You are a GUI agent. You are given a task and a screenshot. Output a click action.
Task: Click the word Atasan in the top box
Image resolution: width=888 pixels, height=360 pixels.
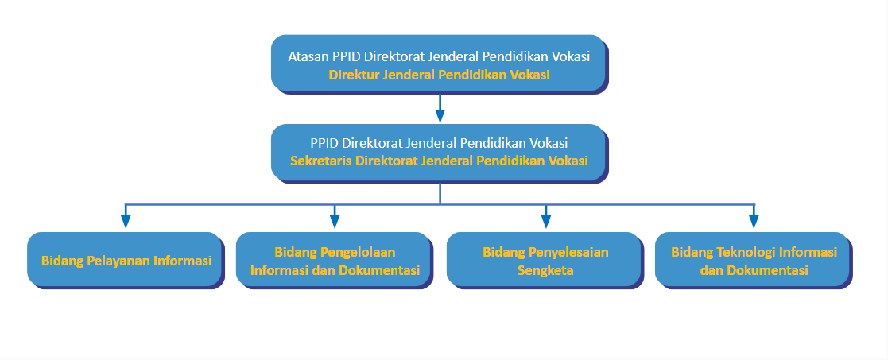click(x=305, y=57)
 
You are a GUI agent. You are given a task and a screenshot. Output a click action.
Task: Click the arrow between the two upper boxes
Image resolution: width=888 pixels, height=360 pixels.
click(x=440, y=107)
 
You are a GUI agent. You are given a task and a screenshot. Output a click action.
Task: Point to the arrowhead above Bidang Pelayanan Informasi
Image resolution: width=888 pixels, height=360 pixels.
click(x=126, y=221)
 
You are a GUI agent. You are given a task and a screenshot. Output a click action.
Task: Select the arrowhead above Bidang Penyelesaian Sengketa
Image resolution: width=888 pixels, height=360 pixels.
click(x=545, y=221)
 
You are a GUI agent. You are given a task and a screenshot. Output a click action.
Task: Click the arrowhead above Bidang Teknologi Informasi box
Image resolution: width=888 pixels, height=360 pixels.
click(x=754, y=221)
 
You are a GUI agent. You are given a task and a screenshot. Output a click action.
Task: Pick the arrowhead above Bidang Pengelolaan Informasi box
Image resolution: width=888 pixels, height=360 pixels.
click(x=334, y=221)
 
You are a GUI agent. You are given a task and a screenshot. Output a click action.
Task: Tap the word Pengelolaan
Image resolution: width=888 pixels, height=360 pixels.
click(x=359, y=252)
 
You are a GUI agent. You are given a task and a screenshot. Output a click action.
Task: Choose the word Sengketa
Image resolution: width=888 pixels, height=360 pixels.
click(x=545, y=270)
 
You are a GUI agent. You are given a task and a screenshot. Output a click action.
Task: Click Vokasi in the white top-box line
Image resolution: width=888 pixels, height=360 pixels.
click(x=573, y=57)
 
